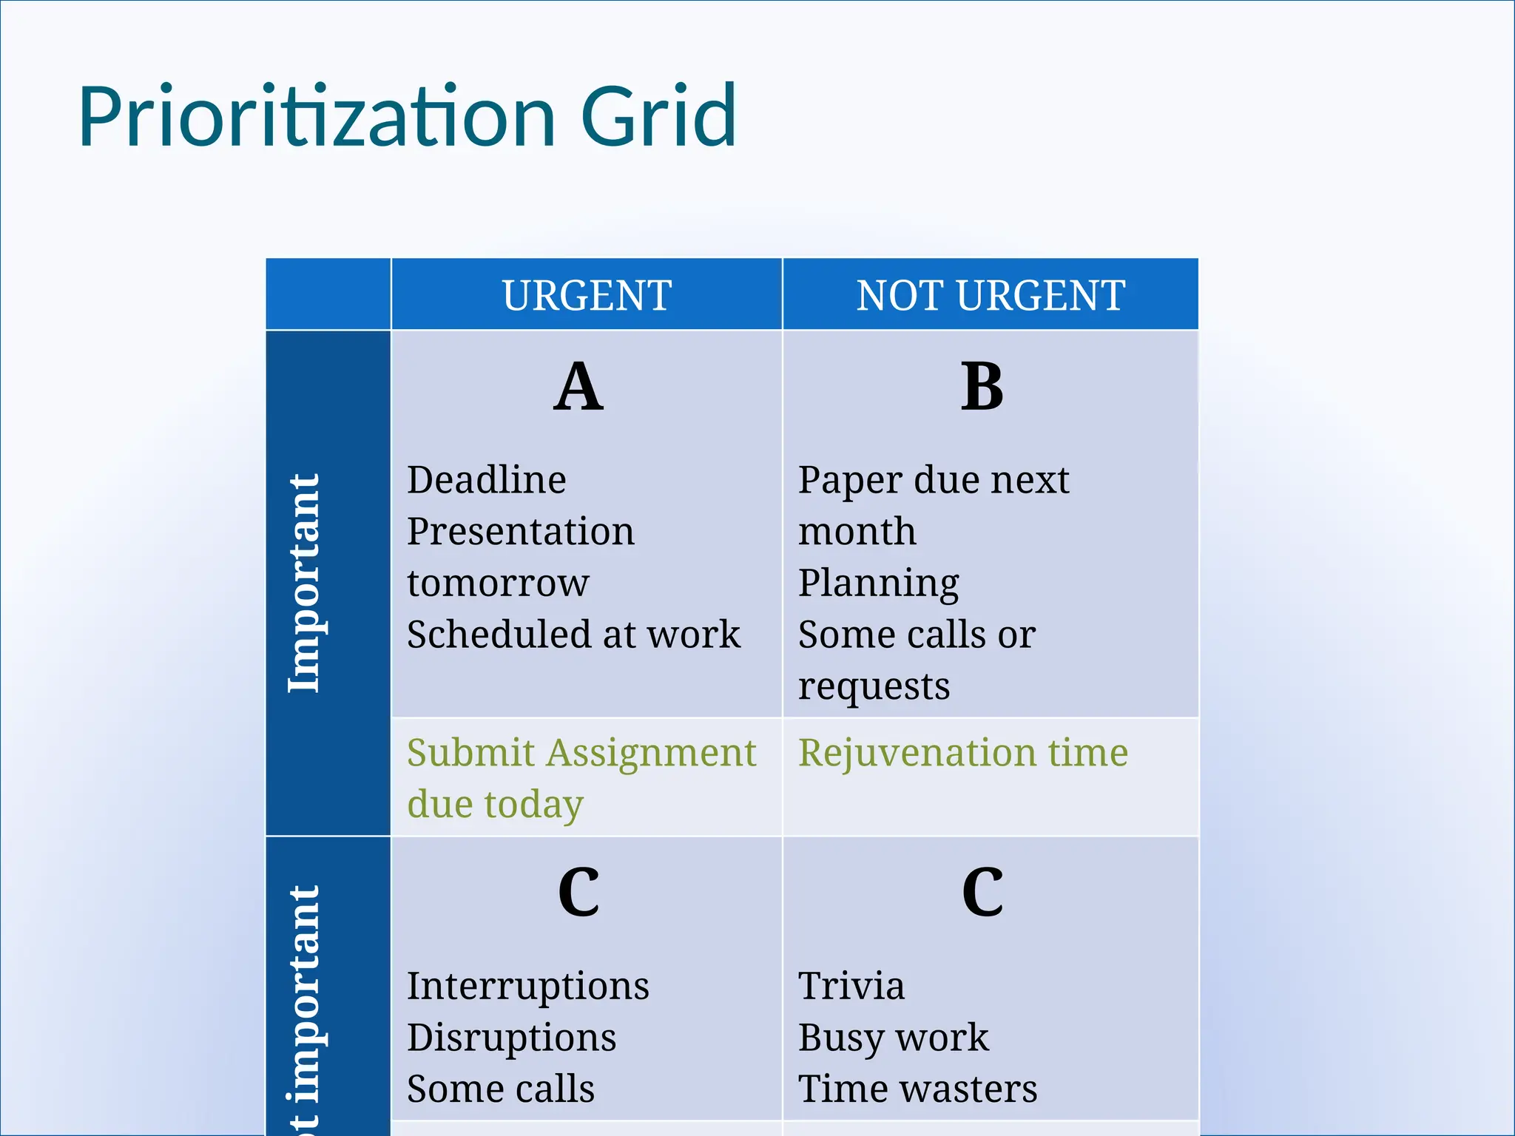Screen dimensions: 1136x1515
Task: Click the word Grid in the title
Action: coord(658,117)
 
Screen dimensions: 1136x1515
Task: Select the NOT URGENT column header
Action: coord(991,295)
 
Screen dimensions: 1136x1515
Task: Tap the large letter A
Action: coord(578,387)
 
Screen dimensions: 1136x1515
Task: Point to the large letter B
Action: coord(982,387)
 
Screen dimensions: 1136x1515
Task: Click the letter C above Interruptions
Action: coord(578,893)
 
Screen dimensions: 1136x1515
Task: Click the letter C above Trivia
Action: coord(982,893)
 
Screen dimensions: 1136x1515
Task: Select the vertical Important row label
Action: coord(304,583)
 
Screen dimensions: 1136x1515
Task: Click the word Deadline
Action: coord(487,480)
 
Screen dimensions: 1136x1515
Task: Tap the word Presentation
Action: coord(521,532)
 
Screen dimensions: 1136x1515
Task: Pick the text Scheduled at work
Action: coord(573,635)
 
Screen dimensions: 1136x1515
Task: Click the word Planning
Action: coord(879,584)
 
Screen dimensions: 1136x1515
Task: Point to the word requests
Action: coord(874,686)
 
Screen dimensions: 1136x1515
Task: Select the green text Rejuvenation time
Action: coord(963,753)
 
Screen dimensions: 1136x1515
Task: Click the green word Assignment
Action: coord(652,753)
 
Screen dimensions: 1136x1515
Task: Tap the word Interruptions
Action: coord(528,986)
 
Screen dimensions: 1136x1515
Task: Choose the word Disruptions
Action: coord(512,1038)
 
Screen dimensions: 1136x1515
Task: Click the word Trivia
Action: coord(851,986)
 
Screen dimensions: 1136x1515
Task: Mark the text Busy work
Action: coord(893,1038)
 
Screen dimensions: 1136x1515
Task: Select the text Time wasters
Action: coord(917,1089)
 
